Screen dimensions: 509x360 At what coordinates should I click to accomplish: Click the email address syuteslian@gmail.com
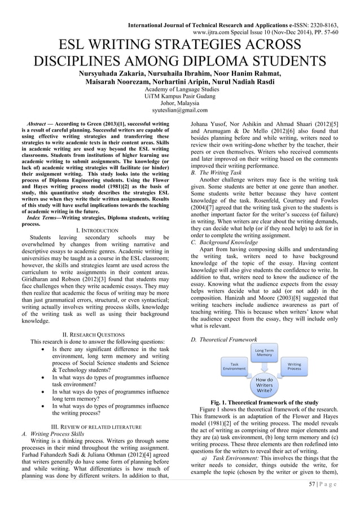[x=179, y=111]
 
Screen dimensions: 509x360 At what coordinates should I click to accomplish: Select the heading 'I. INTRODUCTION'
[x=96, y=231]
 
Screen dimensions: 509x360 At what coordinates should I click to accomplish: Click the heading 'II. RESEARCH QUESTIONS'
[x=96, y=335]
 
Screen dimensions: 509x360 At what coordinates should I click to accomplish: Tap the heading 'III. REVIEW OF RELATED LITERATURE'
[x=96, y=427]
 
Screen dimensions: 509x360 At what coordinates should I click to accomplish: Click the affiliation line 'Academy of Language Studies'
[x=179, y=90]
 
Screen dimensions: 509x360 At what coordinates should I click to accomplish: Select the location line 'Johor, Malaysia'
[x=179, y=104]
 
